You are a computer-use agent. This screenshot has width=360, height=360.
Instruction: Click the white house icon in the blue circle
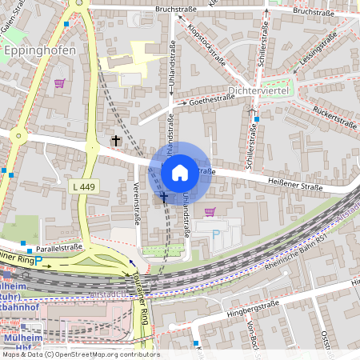coord(180,172)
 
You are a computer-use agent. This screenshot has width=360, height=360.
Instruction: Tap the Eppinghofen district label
coord(40,50)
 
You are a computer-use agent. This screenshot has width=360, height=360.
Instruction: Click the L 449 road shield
coord(83,186)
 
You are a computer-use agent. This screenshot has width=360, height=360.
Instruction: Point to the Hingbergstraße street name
coord(255,307)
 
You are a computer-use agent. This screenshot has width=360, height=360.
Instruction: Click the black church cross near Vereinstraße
coord(115,142)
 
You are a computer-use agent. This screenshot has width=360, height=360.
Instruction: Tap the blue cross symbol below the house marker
coord(164,196)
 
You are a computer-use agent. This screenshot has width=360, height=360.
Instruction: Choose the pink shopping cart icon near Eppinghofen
coord(59,82)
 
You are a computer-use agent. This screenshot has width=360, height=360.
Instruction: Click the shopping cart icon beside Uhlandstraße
coord(210,212)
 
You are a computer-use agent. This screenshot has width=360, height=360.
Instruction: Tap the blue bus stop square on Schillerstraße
coord(258,118)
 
